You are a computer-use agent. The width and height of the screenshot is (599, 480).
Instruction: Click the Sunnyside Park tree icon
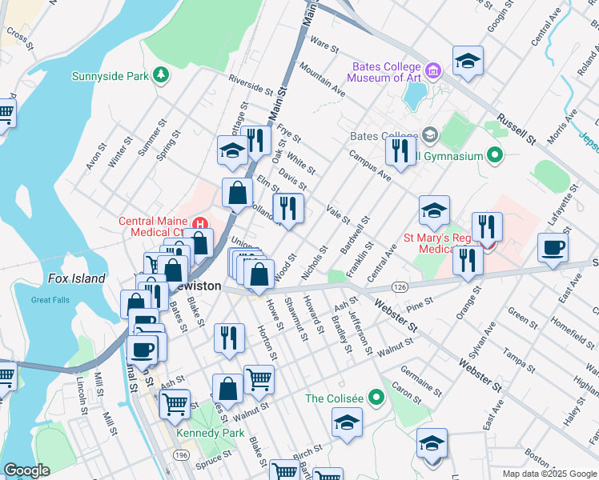click(x=162, y=75)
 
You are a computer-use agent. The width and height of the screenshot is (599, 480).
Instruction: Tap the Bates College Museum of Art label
click(x=384, y=72)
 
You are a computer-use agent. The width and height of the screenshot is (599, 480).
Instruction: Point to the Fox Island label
click(x=76, y=278)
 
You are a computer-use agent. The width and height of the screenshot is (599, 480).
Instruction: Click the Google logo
click(x=27, y=470)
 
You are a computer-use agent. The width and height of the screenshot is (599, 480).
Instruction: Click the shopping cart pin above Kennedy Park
click(x=259, y=378)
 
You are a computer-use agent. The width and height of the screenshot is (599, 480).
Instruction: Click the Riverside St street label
click(x=251, y=84)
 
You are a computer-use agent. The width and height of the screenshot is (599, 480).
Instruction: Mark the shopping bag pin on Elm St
click(x=238, y=192)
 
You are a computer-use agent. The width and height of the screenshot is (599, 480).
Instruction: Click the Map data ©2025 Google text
click(x=549, y=474)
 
